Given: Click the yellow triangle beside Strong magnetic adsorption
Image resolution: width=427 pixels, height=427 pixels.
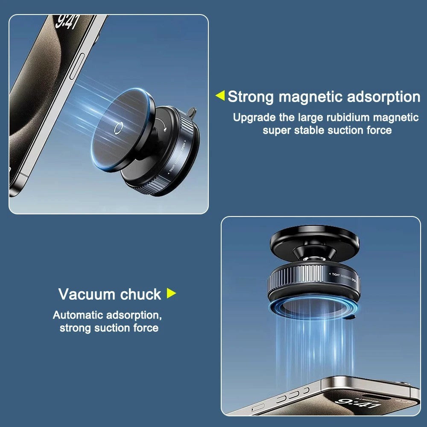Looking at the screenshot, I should [x=220, y=96].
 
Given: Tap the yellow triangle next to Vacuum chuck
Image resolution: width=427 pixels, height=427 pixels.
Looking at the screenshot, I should [x=171, y=293].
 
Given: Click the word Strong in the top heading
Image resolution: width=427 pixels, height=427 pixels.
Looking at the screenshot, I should [x=251, y=97].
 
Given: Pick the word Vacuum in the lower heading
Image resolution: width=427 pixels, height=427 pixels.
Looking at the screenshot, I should [x=87, y=294].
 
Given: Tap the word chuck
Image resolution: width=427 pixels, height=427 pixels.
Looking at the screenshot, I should [x=140, y=294].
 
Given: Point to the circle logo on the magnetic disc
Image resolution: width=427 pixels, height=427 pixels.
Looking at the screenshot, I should [x=119, y=126].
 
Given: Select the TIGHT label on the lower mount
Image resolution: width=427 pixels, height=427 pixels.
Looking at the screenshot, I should [x=336, y=275].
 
